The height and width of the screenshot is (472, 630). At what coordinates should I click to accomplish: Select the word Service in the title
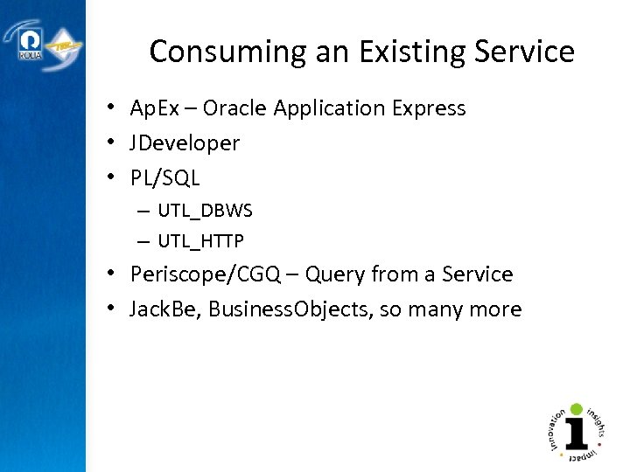pyautogui.click(x=525, y=52)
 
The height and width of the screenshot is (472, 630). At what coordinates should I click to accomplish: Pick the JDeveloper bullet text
pyautogui.click(x=185, y=143)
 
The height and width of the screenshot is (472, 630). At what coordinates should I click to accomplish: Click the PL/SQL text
pyautogui.click(x=164, y=178)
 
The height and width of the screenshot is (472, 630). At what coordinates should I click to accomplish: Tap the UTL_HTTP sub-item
pyautogui.click(x=201, y=240)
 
